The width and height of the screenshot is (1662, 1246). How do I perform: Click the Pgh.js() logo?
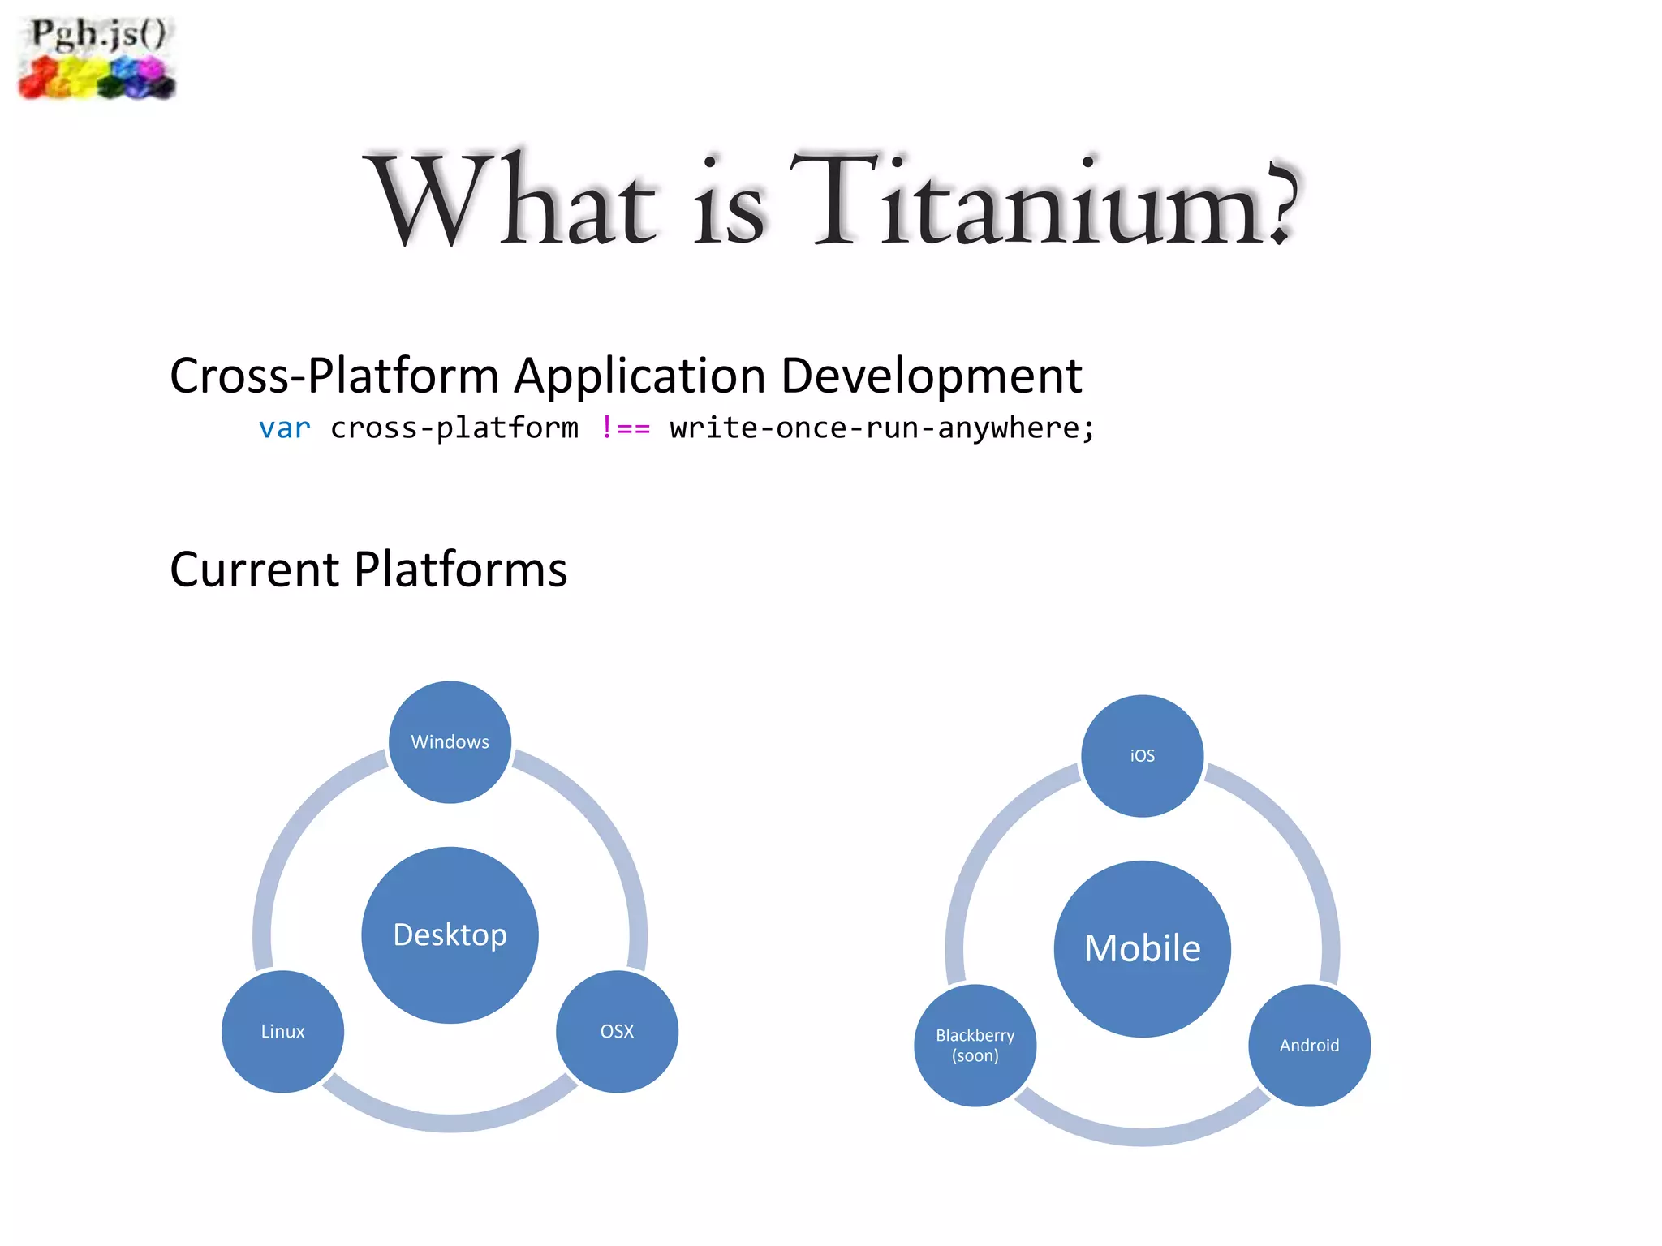pos(97,58)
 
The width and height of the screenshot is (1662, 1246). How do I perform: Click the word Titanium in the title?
pos(1043,201)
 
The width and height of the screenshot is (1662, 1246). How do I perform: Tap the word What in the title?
pos(511,201)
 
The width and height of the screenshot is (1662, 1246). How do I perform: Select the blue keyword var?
pos(284,428)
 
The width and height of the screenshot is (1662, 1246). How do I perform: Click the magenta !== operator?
pos(625,428)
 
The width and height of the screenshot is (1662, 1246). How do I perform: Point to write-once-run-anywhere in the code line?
pos(881,428)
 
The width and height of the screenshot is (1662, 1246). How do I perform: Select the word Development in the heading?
pos(931,376)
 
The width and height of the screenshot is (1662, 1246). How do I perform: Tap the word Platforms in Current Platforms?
pos(460,569)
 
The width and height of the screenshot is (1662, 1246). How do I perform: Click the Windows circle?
pos(450,741)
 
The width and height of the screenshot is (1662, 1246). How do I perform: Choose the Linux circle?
pos(282,1031)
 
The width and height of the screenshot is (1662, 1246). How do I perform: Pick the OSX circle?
pos(617,1031)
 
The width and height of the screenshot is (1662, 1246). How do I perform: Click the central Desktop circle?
pos(450,934)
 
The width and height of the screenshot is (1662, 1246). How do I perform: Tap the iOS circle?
pos(1142,755)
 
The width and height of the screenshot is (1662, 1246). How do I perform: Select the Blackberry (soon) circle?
pos(975,1045)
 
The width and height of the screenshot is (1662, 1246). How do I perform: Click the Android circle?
pos(1309,1045)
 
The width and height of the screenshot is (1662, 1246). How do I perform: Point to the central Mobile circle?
pos(1142,948)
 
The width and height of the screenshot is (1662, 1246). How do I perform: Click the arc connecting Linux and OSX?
pos(450,1123)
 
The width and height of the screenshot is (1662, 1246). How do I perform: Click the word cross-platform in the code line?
pos(454,428)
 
